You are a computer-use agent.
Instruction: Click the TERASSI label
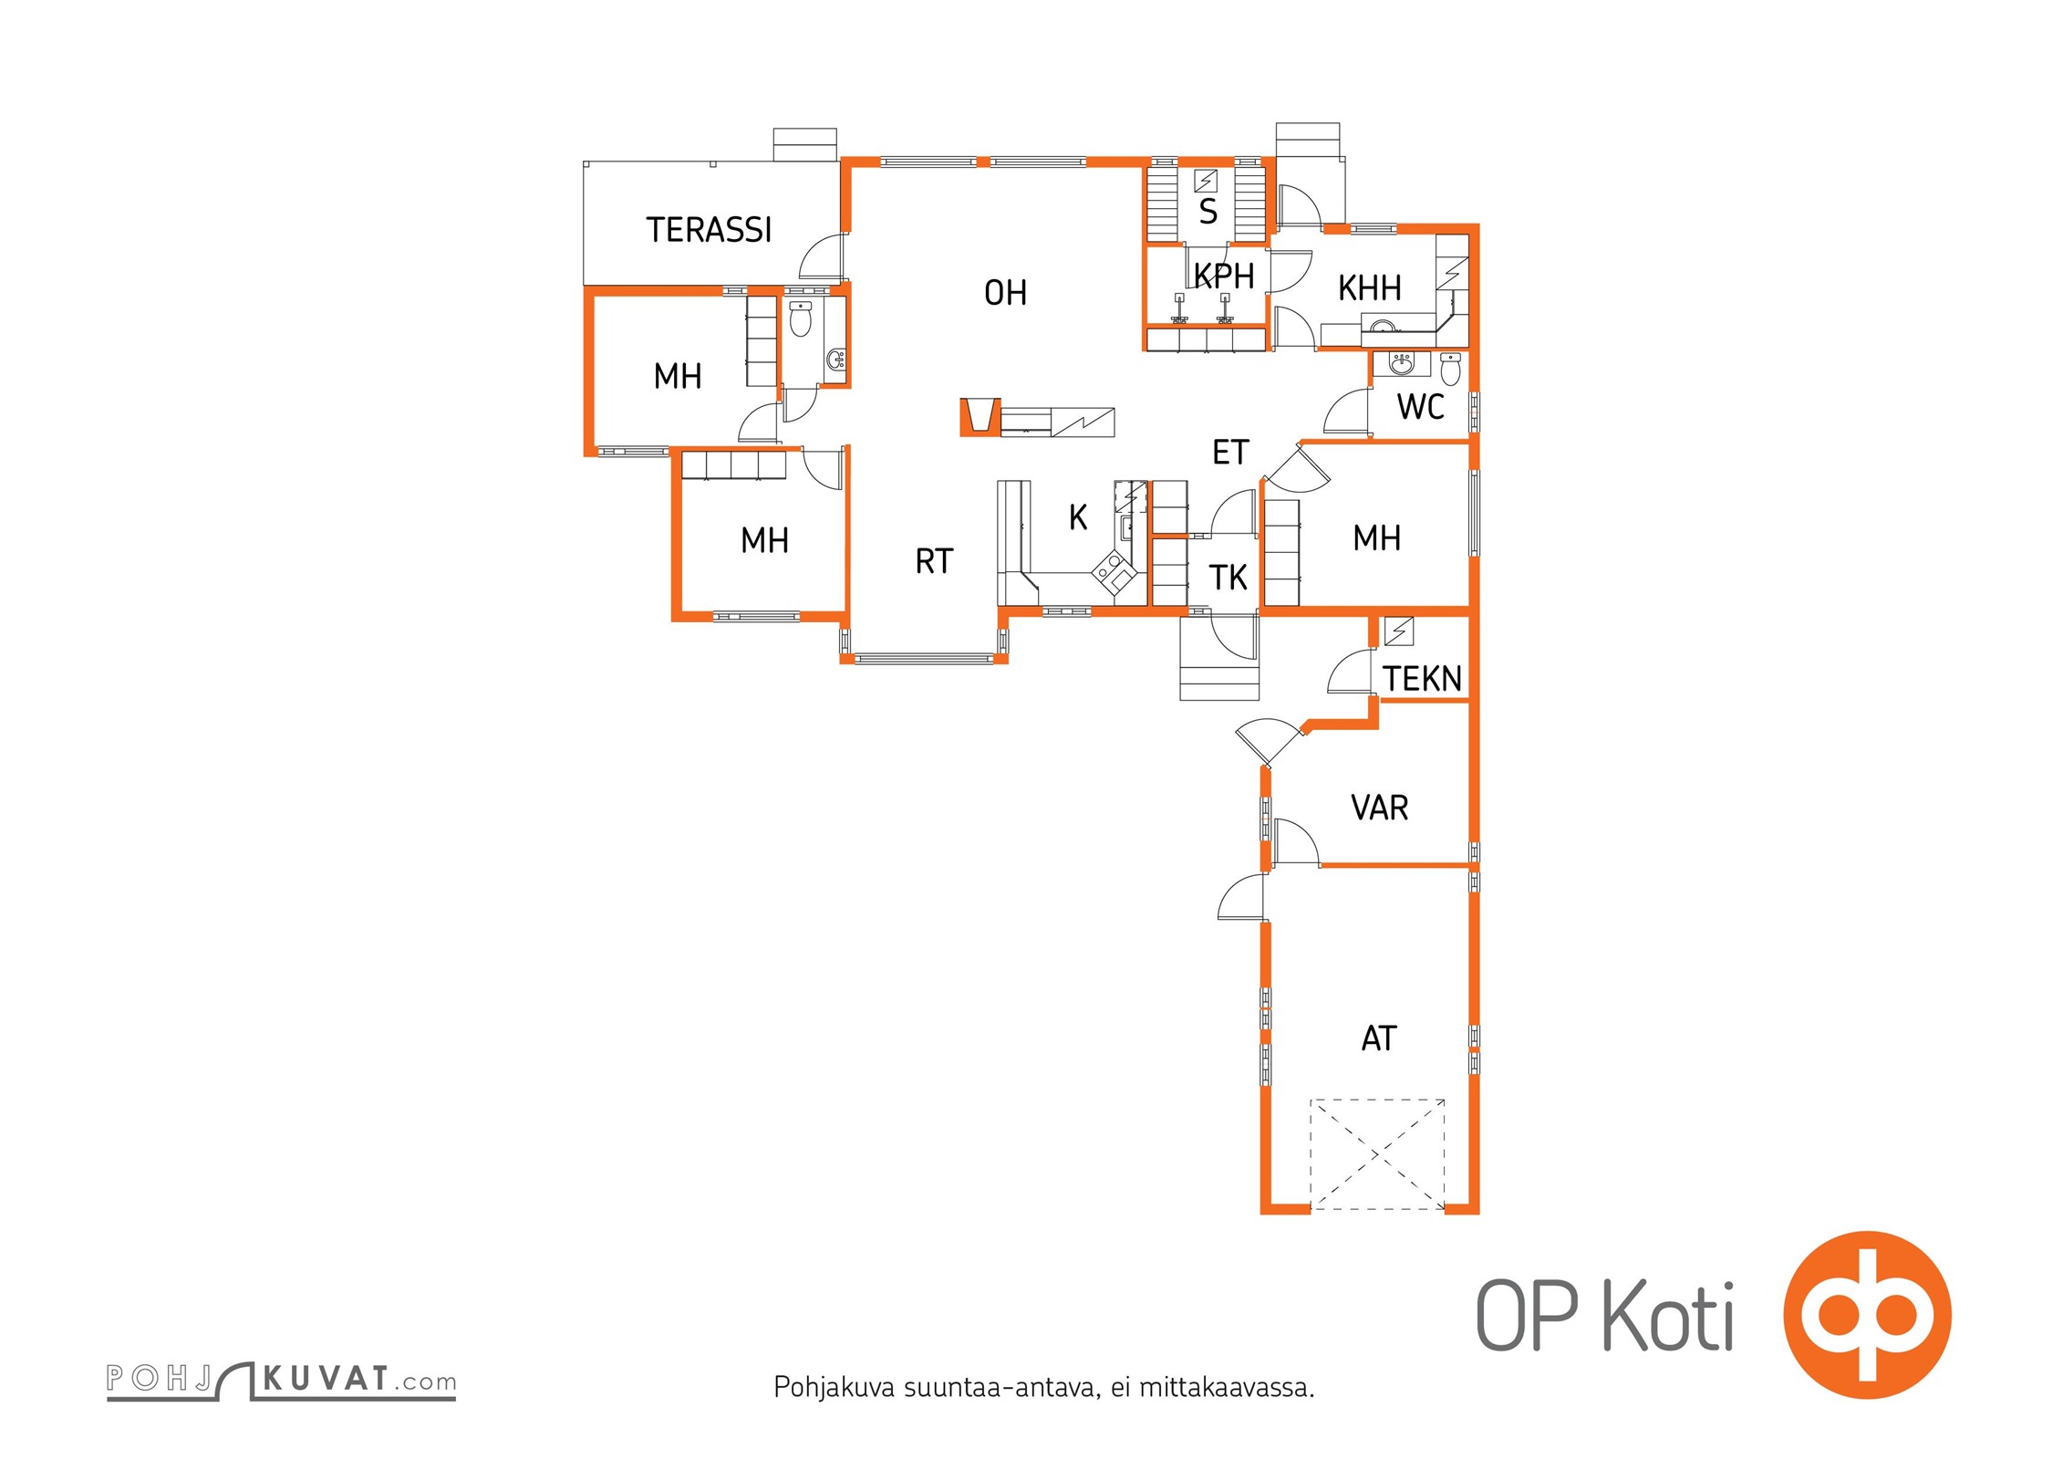[709, 230]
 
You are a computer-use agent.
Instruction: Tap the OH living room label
[1005, 293]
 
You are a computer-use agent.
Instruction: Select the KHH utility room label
[1369, 288]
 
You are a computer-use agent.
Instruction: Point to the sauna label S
[1208, 212]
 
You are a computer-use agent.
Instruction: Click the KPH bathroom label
[1224, 276]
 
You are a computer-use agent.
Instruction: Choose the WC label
[1420, 407]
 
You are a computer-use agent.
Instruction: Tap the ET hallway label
[1229, 452]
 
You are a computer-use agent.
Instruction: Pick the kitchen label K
[1078, 517]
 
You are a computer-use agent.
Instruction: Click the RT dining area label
[934, 561]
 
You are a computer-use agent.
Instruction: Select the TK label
[1228, 578]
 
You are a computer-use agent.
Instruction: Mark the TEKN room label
[1422, 679]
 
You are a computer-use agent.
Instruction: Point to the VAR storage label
[1379, 808]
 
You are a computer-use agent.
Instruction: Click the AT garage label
[1378, 1038]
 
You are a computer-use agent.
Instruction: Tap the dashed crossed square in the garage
[1377, 1154]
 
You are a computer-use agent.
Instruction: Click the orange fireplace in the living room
[980, 417]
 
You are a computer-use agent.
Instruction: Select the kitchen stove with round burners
[1114, 574]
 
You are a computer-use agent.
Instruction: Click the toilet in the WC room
[1450, 370]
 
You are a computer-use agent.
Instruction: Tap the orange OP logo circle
[1867, 1315]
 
